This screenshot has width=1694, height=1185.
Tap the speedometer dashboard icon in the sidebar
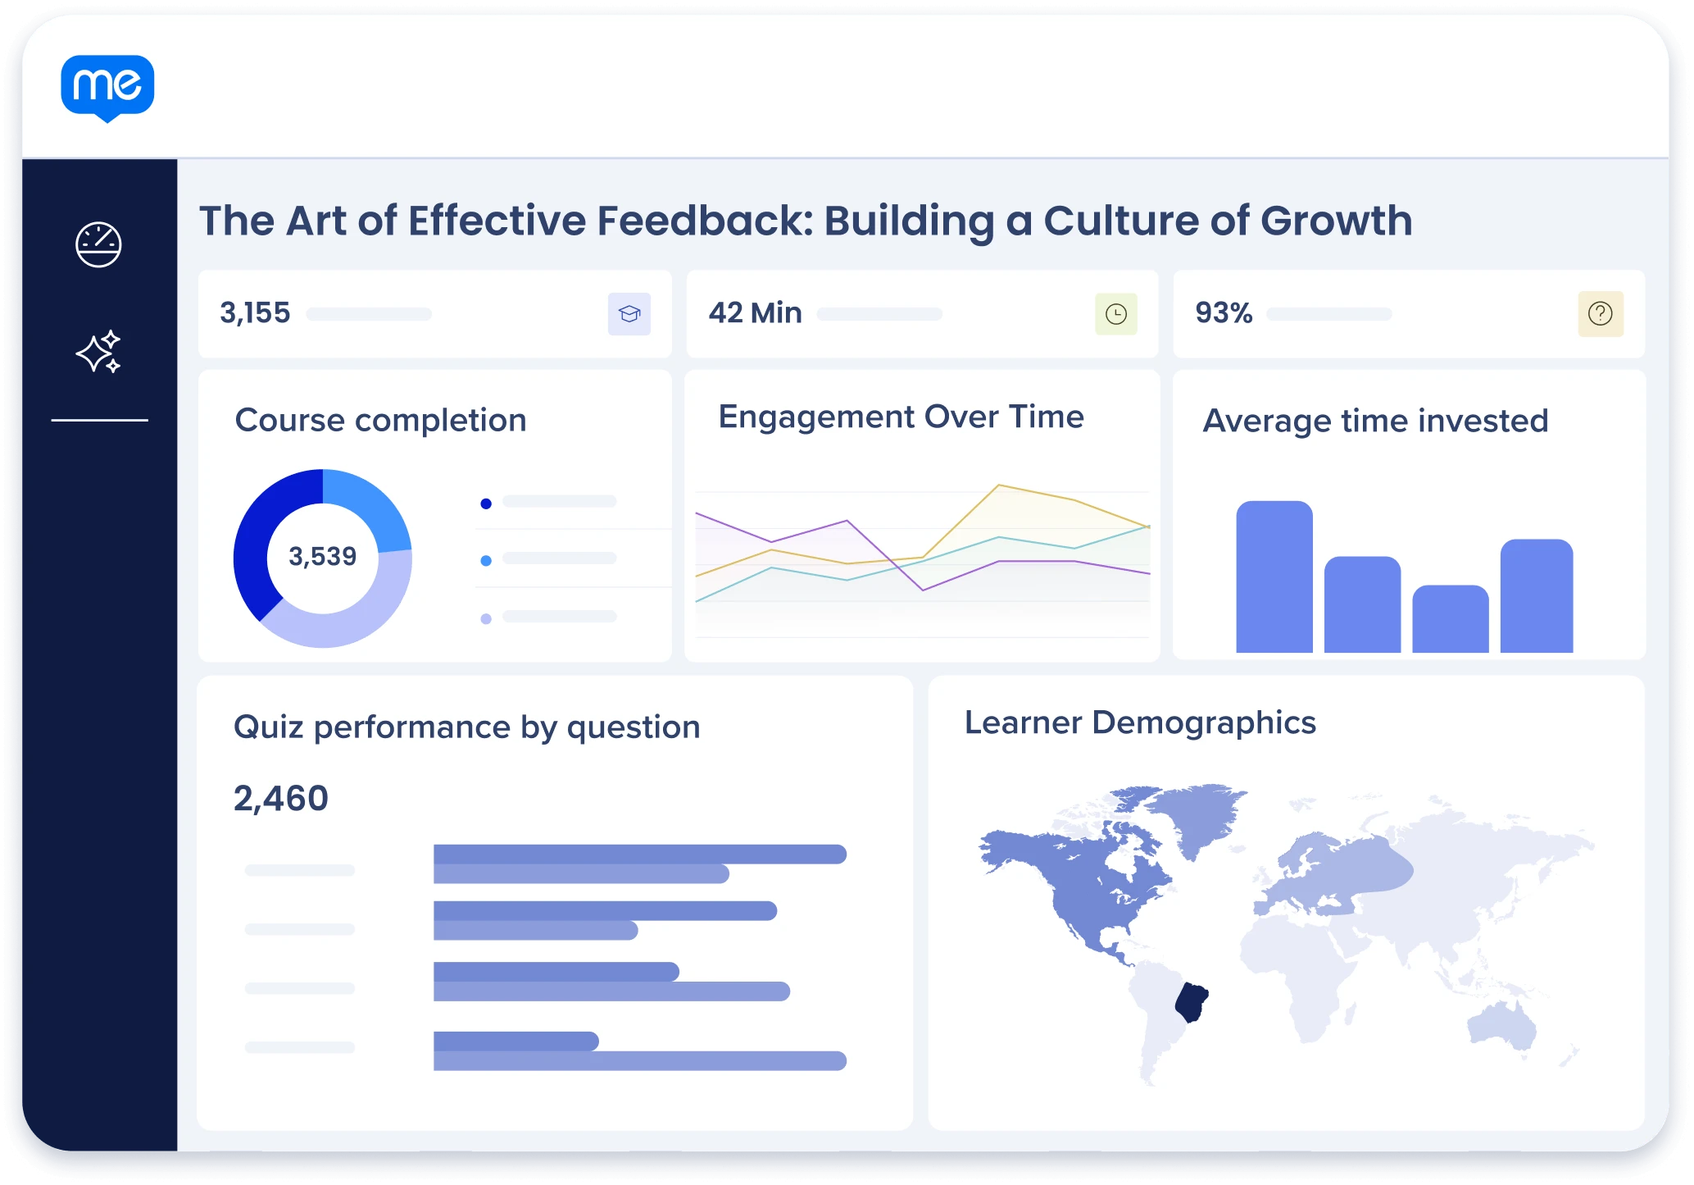click(x=98, y=244)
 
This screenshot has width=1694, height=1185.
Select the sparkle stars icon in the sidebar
click(x=98, y=352)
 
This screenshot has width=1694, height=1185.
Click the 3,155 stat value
click(x=255, y=313)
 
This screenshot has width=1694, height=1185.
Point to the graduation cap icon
click(x=629, y=314)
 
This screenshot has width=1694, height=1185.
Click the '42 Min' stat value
click(x=755, y=313)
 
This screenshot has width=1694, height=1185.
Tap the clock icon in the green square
click(x=1116, y=314)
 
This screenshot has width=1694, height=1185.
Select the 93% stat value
click(x=1224, y=313)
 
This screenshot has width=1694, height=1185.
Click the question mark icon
click(x=1601, y=314)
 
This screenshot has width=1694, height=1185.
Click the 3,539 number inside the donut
click(x=323, y=557)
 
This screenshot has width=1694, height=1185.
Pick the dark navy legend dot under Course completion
click(x=486, y=504)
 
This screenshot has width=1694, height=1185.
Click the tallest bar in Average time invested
click(x=1274, y=577)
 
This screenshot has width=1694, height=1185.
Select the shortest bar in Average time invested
click(x=1451, y=618)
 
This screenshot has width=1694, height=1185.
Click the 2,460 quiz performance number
click(x=281, y=799)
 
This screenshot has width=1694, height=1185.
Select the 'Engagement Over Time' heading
click(x=901, y=417)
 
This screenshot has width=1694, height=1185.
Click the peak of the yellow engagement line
click(x=999, y=485)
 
